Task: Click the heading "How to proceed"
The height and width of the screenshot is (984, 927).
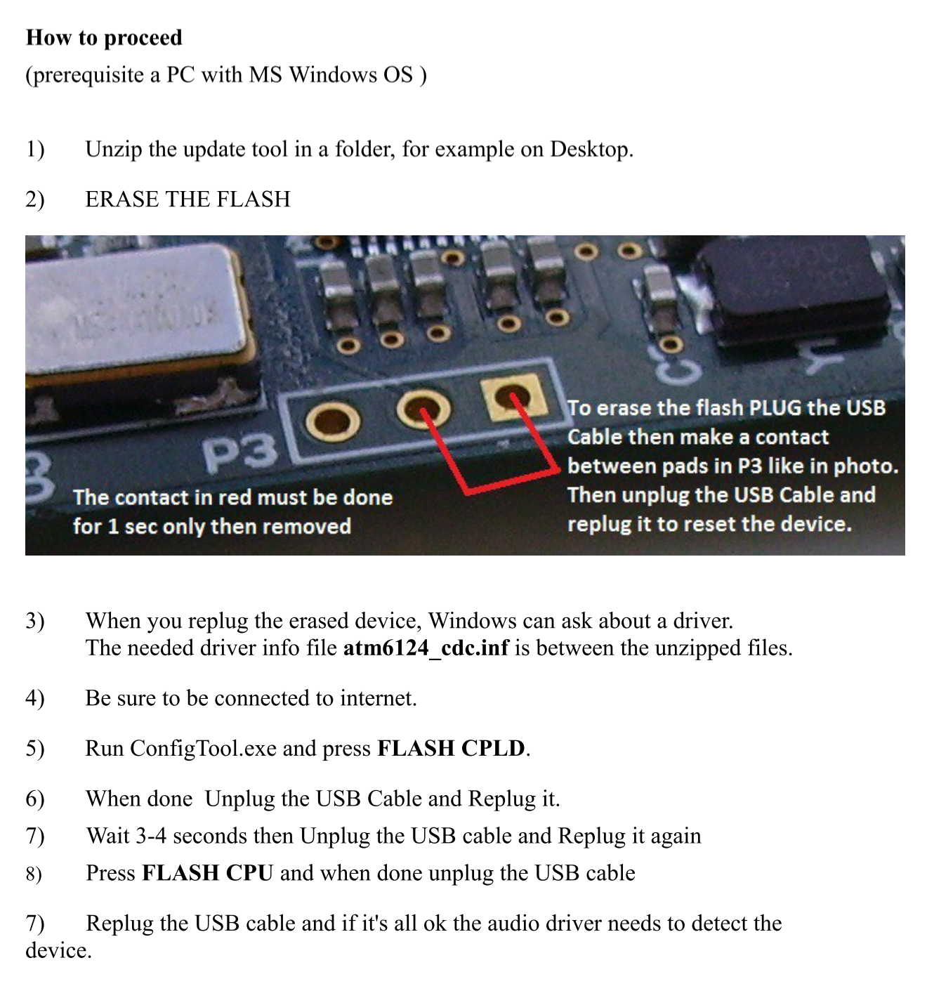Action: pyautogui.click(x=104, y=38)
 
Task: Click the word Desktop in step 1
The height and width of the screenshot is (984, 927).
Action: pyautogui.click(x=591, y=149)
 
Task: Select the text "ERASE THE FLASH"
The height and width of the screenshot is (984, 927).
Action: pyautogui.click(x=188, y=199)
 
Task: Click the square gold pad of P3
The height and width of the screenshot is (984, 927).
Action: pyautogui.click(x=514, y=397)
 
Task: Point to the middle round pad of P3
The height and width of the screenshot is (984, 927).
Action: pyautogui.click(x=423, y=409)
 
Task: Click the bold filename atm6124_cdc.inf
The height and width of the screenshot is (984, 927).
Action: pyautogui.click(x=426, y=648)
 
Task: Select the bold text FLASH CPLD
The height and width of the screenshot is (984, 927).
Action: pyautogui.click(x=450, y=748)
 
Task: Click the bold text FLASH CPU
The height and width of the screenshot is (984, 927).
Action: pyautogui.click(x=207, y=873)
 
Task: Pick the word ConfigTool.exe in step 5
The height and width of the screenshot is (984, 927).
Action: pyautogui.click(x=203, y=749)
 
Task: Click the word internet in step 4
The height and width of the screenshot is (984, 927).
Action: pyautogui.click(x=378, y=698)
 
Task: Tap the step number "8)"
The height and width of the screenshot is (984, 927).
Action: pyautogui.click(x=34, y=874)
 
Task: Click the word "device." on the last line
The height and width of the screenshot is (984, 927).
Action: pyautogui.click(x=58, y=950)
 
